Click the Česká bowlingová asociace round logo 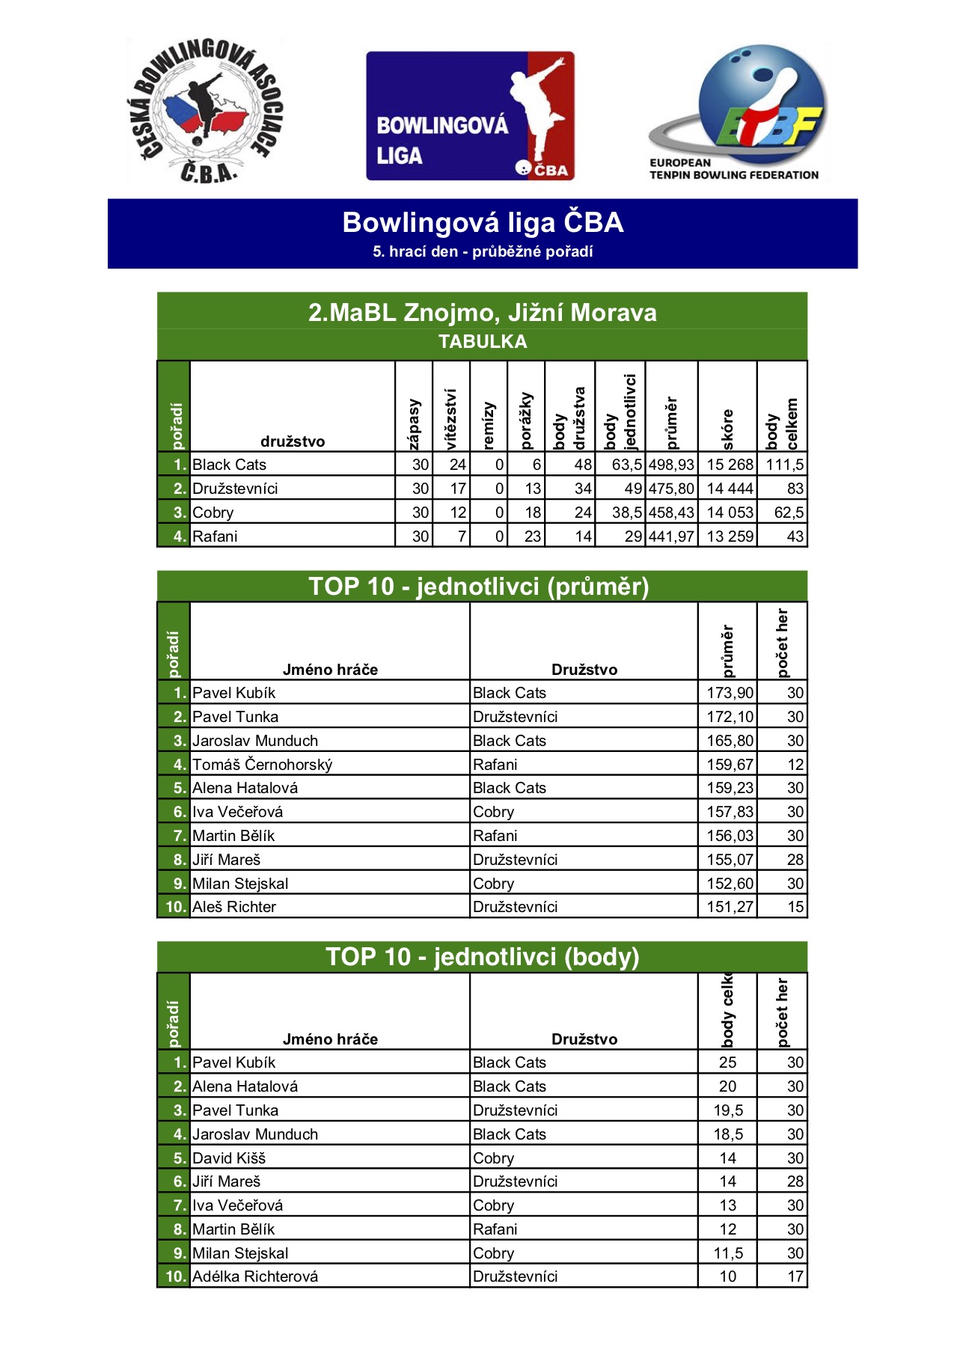click(204, 111)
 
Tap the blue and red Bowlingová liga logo click(470, 116)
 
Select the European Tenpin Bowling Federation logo click(738, 113)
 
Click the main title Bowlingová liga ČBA click(483, 223)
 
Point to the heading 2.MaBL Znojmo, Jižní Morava click(482, 312)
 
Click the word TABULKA click(482, 342)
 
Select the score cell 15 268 click(730, 465)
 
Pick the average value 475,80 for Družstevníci click(671, 489)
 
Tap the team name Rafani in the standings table click(215, 536)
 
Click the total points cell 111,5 click(783, 465)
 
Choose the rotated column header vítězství click(450, 419)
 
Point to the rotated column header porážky click(526, 421)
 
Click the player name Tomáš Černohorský click(262, 765)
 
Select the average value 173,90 click(730, 693)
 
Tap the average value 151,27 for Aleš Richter click(730, 907)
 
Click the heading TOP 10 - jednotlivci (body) click(482, 957)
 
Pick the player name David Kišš click(229, 1158)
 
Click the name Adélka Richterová click(255, 1276)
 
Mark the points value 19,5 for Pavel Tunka click(727, 1110)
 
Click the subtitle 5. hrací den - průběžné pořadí click(483, 252)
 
